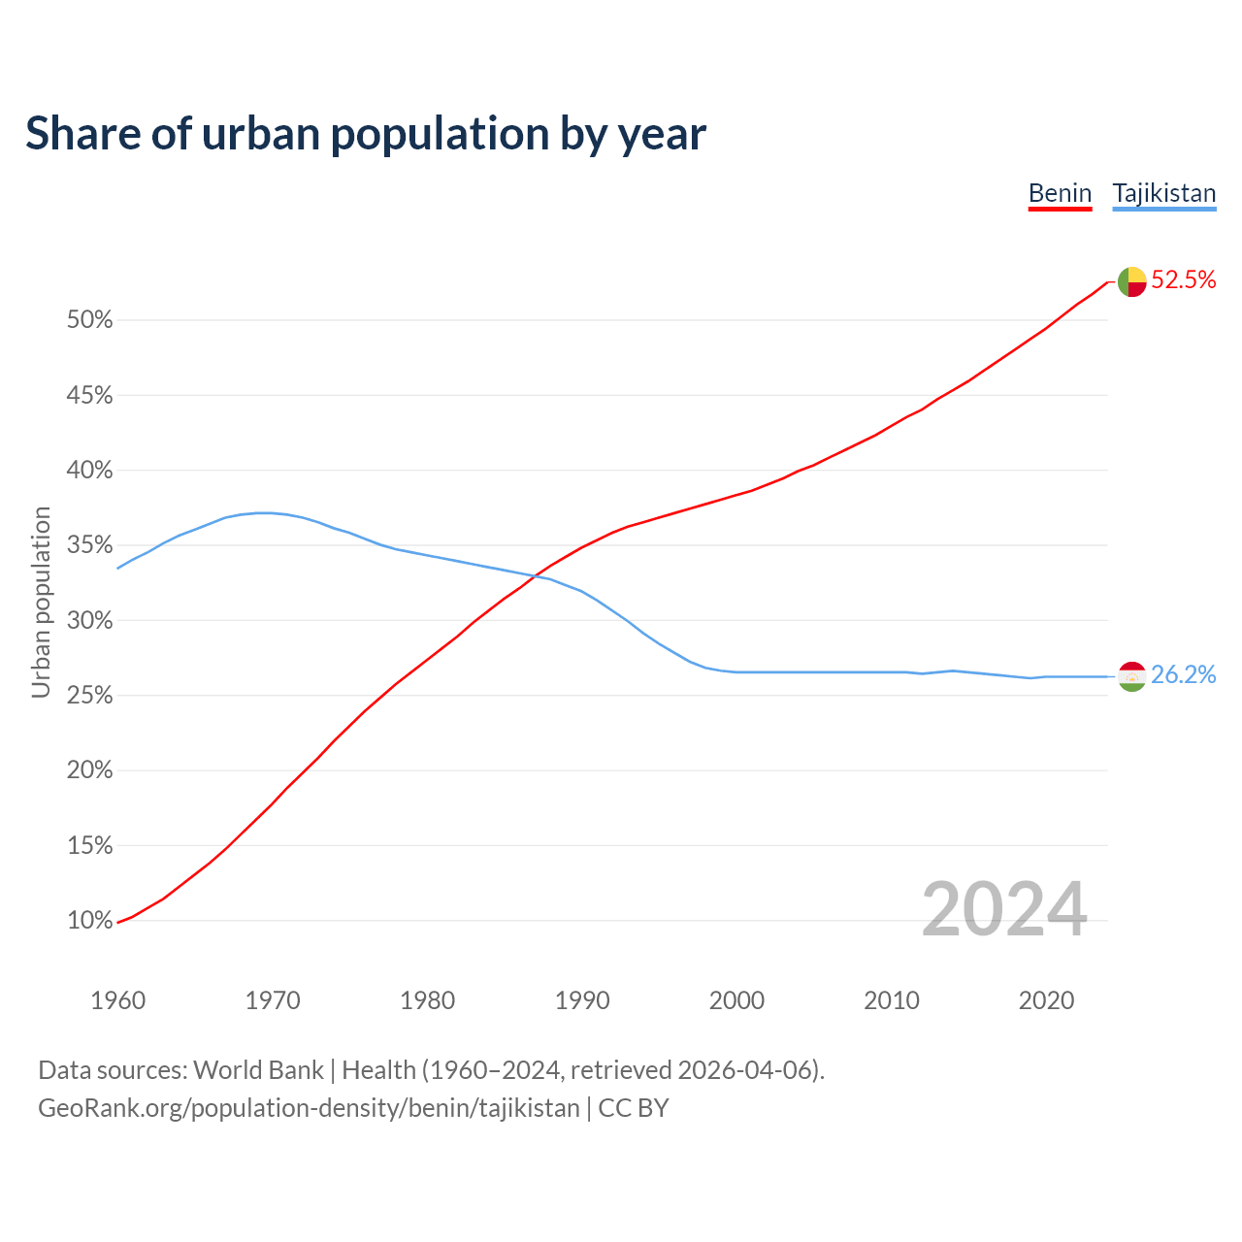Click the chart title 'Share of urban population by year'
(366, 134)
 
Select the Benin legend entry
(1060, 193)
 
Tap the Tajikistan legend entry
(1163, 193)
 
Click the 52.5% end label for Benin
(1183, 280)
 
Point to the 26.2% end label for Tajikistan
(1183, 675)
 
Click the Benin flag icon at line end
(1131, 281)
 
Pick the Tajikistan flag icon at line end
(1131, 676)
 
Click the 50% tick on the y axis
(89, 320)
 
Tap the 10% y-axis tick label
(89, 921)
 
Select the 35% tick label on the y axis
(89, 545)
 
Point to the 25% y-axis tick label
(89, 696)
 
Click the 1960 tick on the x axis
(117, 1000)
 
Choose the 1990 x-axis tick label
(582, 1000)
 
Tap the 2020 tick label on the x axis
(1046, 1000)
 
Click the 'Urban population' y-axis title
(41, 602)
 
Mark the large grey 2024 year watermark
(1003, 910)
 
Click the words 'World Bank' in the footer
(258, 1070)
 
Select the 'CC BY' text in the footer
(634, 1108)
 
